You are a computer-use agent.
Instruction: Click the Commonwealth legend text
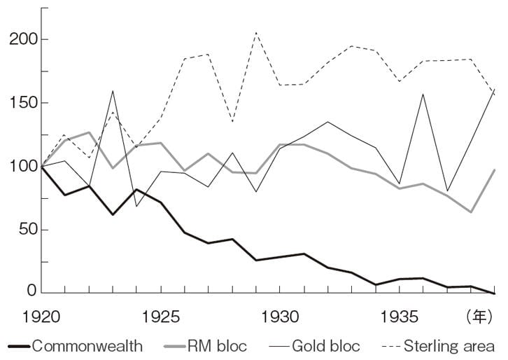point(87,346)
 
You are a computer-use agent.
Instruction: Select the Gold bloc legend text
point(326,346)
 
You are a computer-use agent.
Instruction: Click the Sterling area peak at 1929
point(257,32)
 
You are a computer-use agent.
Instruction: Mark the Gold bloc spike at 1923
point(113,91)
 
